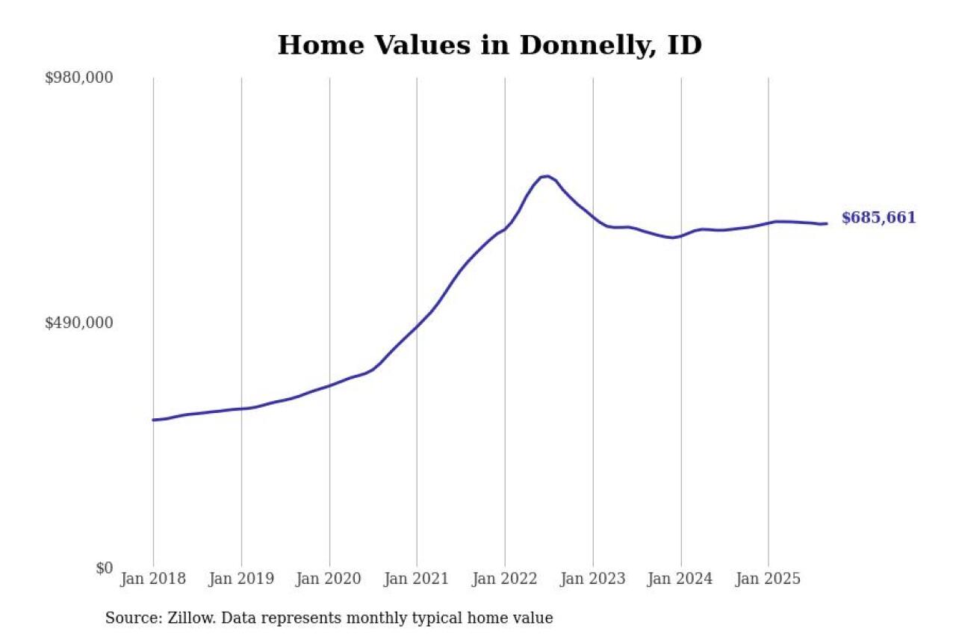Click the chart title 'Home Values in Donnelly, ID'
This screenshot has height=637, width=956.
pos(489,45)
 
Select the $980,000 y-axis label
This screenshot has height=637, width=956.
pos(79,78)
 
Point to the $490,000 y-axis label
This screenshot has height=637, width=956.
pos(79,323)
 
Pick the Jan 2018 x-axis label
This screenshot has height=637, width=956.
pos(153,579)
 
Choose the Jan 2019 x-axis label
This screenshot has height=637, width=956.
pos(241,579)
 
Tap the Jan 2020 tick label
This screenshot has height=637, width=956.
pos(329,579)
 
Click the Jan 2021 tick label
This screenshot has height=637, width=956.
pos(417,579)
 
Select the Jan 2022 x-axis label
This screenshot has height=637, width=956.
pos(505,579)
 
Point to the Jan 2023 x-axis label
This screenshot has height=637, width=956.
pos(593,579)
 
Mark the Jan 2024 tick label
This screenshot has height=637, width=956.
pos(681,579)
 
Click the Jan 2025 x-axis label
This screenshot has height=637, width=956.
pos(769,579)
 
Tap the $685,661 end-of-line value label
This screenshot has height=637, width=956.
pos(878,218)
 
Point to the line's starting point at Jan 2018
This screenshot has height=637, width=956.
pos(154,420)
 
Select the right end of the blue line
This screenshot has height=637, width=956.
pos(826,223)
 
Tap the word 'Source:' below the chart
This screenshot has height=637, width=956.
pos(128,618)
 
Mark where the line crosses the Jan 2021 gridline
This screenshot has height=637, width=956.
pos(417,326)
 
